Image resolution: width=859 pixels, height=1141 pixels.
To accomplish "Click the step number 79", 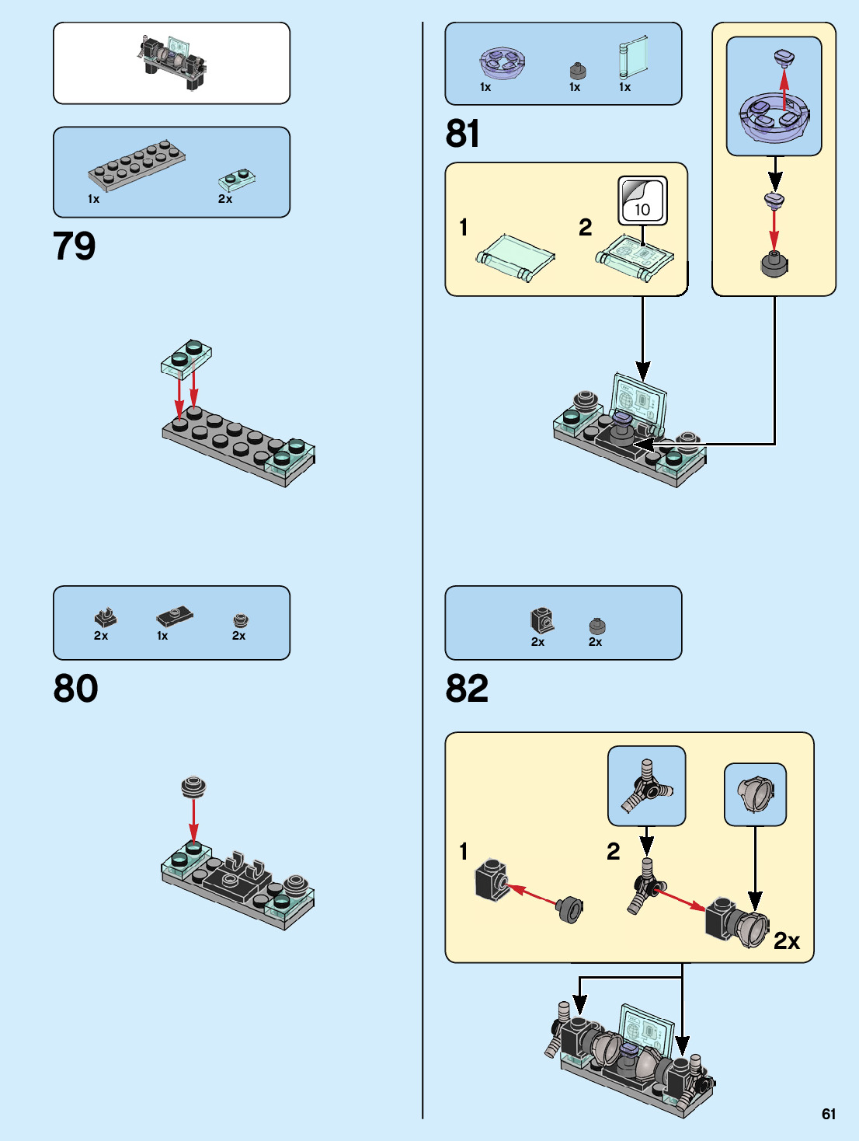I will click(75, 246).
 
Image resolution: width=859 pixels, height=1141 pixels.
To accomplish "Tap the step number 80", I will click(75, 689).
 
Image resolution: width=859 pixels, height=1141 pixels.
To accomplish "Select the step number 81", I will click(462, 134).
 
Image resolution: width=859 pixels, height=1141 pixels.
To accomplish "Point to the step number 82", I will click(467, 689).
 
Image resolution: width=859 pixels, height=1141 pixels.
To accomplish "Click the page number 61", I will click(829, 1114).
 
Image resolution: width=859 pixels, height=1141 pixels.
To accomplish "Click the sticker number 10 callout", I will click(642, 201).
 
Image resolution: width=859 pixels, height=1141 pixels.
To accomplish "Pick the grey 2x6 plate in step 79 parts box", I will click(137, 165).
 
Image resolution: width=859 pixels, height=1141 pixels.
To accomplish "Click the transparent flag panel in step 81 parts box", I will click(632, 58).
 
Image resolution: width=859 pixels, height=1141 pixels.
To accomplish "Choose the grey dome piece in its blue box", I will click(755, 794).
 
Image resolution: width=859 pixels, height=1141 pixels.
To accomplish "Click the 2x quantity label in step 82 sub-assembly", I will click(786, 941).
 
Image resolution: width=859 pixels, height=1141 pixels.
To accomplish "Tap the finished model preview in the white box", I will click(173, 62).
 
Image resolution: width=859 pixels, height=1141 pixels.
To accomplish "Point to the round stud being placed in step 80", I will click(193, 787).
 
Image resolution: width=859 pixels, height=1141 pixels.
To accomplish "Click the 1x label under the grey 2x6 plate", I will click(93, 199).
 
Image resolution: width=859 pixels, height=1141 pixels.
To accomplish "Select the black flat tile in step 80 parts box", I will click(174, 617).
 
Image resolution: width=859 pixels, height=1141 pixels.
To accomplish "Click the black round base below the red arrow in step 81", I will click(774, 264).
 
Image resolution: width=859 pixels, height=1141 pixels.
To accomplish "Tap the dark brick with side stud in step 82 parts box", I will click(542, 620).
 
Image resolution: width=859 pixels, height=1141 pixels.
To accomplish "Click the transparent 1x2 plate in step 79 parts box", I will click(237, 180).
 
